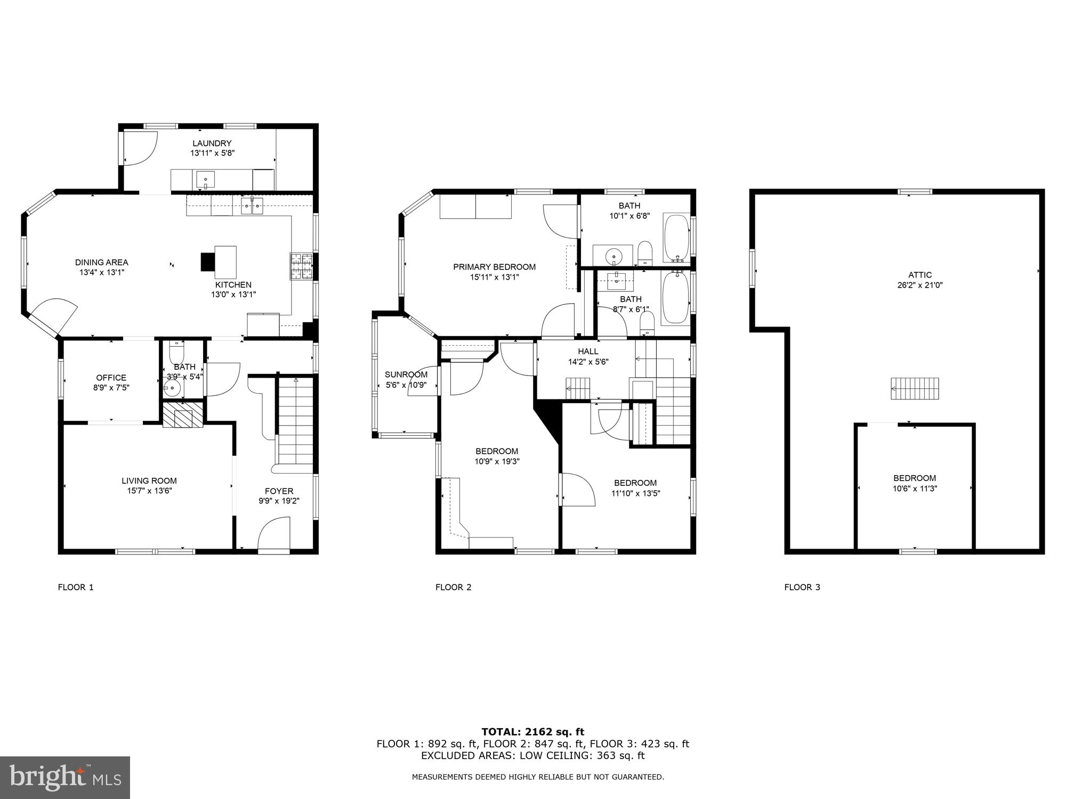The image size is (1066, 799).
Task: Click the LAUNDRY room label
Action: tap(212, 143)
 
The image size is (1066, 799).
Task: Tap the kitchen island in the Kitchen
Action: tap(225, 262)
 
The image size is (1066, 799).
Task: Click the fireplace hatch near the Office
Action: tap(183, 415)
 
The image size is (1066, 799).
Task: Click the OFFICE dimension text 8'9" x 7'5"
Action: tap(111, 388)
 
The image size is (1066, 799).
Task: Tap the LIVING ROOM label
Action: tap(149, 480)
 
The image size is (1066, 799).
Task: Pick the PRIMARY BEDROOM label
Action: tap(494, 267)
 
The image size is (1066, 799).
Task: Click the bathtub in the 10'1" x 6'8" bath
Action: tap(676, 238)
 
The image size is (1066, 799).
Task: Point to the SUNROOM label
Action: tap(406, 374)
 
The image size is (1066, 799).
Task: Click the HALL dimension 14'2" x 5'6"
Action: tap(588, 362)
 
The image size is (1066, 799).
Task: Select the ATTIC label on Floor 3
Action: tap(920, 275)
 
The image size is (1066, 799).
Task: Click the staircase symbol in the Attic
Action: tap(915, 388)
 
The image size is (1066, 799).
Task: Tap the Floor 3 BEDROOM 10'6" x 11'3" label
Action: tap(915, 478)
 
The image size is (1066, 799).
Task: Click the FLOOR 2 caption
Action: tap(453, 587)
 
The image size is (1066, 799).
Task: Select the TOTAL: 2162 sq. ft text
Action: tap(532, 732)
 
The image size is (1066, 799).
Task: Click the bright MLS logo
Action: tap(65, 778)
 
